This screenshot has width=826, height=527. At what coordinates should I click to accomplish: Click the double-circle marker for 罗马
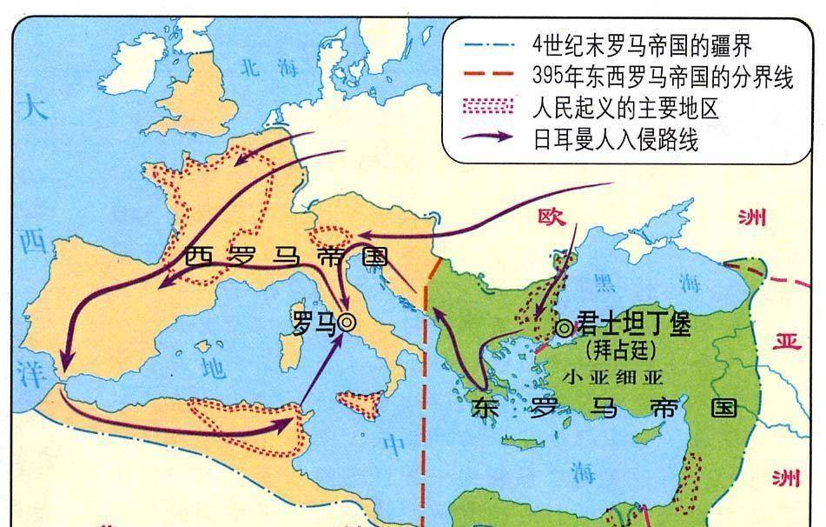(347, 322)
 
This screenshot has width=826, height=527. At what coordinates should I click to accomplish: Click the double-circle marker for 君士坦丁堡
(565, 328)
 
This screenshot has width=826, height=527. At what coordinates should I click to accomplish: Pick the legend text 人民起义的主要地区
(626, 109)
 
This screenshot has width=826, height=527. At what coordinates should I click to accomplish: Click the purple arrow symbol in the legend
(491, 139)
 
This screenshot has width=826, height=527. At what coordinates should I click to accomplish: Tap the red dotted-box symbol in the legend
(492, 108)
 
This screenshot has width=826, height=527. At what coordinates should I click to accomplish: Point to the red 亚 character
(788, 342)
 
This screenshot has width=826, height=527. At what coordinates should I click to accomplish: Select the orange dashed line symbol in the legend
(492, 77)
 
